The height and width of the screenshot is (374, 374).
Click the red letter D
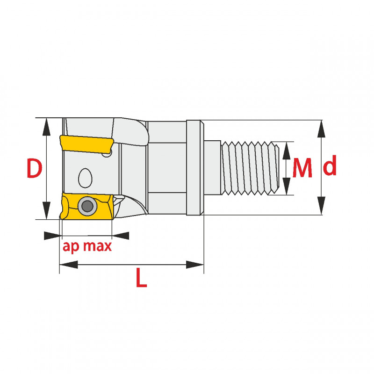(x=35, y=168)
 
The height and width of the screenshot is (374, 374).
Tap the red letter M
(x=302, y=168)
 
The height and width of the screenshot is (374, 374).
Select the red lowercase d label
(x=330, y=165)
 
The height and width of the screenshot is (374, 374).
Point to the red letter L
(x=141, y=277)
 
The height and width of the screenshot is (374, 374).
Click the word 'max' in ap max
(x=97, y=246)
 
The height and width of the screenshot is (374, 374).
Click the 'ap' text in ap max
(x=71, y=247)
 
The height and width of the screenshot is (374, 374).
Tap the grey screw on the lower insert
(x=87, y=206)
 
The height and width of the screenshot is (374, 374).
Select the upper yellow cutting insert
(x=86, y=144)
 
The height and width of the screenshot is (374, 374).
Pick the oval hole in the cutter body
(x=85, y=178)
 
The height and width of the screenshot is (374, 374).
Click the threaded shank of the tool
(x=250, y=168)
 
